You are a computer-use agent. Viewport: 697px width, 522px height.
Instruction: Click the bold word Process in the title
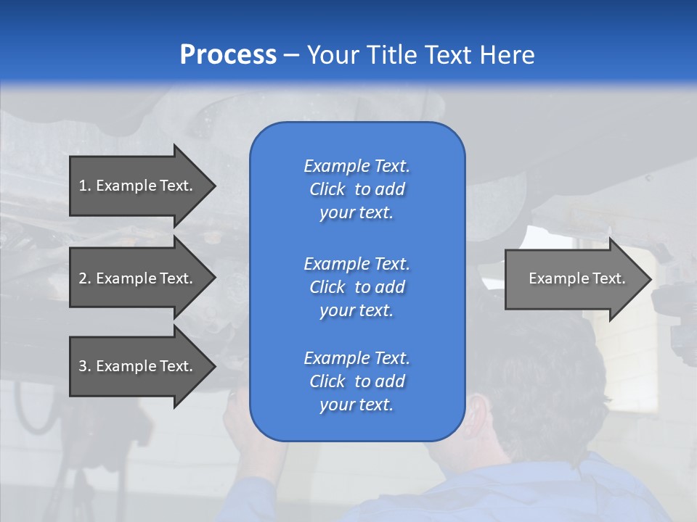pyautogui.click(x=228, y=54)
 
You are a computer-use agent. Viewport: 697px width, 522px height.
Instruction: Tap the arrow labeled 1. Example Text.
pyautogui.click(x=138, y=186)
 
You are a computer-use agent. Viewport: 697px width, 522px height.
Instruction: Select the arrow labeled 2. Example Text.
pyautogui.click(x=138, y=278)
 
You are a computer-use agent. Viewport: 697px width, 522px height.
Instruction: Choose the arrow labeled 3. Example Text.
pyautogui.click(x=138, y=366)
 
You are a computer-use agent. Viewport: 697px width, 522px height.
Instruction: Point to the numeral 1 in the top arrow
pyautogui.click(x=83, y=186)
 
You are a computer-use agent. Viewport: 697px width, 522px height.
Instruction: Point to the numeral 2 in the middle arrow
pyautogui.click(x=83, y=278)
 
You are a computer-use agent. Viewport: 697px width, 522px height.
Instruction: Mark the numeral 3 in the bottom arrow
pyautogui.click(x=83, y=366)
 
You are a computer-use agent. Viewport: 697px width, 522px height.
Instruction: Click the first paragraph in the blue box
pyautogui.click(x=356, y=189)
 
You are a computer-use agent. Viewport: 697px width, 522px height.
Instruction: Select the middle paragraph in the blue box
pyautogui.click(x=356, y=286)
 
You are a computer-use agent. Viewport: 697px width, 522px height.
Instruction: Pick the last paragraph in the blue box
pyautogui.click(x=356, y=381)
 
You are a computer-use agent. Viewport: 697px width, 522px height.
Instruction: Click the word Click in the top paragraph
pyautogui.click(x=327, y=189)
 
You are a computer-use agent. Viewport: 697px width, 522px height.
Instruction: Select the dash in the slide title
pyautogui.click(x=291, y=55)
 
